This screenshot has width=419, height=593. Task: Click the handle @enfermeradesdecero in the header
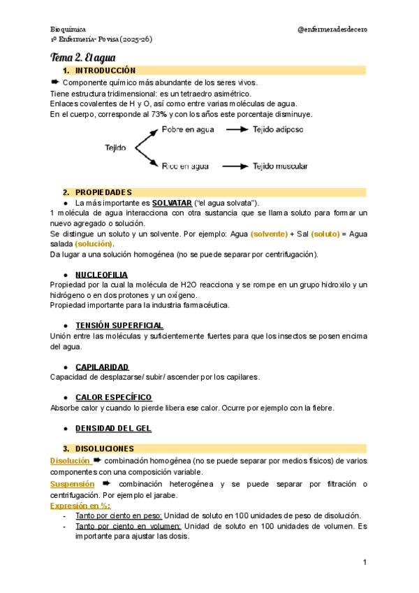pos(332,29)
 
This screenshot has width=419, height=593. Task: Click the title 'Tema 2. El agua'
pos(83,57)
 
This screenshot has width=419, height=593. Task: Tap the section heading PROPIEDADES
pos(103,192)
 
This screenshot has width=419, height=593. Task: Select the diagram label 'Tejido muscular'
pos(281,166)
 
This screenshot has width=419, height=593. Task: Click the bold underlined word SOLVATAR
pos(172,202)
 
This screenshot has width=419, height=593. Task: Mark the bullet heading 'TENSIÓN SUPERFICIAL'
pos(119,325)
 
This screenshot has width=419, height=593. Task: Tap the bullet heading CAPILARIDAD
pos(102,366)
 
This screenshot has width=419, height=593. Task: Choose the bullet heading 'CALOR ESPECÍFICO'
pos(113,397)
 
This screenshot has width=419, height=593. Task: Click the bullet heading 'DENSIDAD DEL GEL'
pos(113,428)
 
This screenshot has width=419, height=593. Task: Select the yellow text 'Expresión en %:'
pos(80,505)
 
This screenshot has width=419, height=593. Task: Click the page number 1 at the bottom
pos(365,562)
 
